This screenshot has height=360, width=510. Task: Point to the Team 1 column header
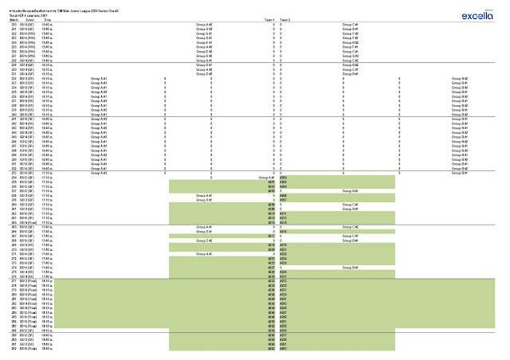(x=271, y=19)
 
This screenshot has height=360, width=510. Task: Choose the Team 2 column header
(x=284, y=19)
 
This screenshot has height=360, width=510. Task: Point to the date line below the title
(x=24, y=14)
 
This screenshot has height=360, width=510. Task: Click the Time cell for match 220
(x=46, y=25)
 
